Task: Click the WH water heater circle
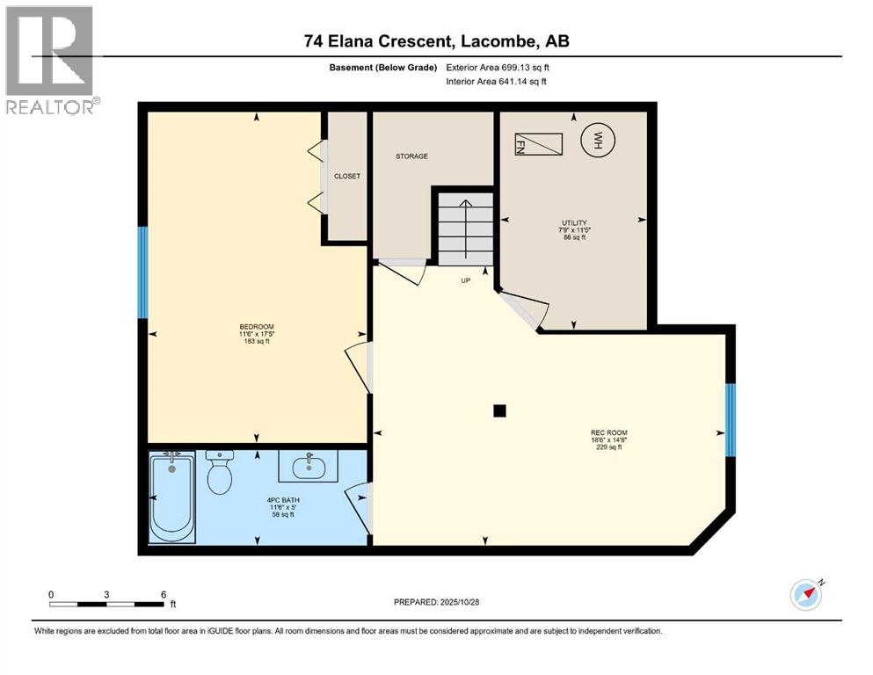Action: (x=598, y=141)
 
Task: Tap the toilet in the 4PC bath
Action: (x=219, y=475)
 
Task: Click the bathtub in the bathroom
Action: (x=171, y=497)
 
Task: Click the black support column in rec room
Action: (x=499, y=410)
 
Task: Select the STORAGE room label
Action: (x=411, y=156)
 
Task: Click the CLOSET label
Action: (x=347, y=176)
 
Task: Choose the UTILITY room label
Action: (x=574, y=223)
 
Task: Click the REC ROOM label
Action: (x=607, y=432)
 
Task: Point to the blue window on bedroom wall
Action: (x=142, y=272)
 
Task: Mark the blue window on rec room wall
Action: (x=730, y=420)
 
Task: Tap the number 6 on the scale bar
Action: (x=163, y=594)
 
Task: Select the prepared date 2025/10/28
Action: (x=437, y=602)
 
